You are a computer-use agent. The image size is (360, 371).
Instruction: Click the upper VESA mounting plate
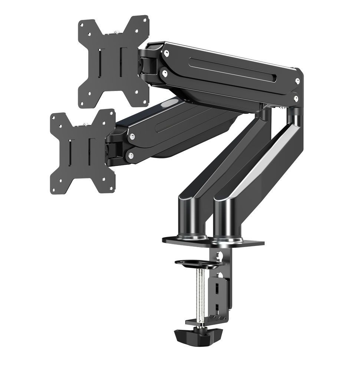point(113,61)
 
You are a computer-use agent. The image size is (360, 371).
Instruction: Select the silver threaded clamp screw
point(200,293)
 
